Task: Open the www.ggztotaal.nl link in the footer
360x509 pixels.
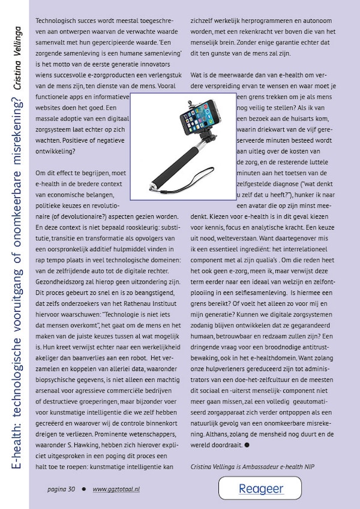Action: (x=116, y=489)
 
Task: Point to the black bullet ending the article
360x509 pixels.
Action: (x=247, y=445)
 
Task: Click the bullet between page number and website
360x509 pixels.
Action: (x=84, y=489)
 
